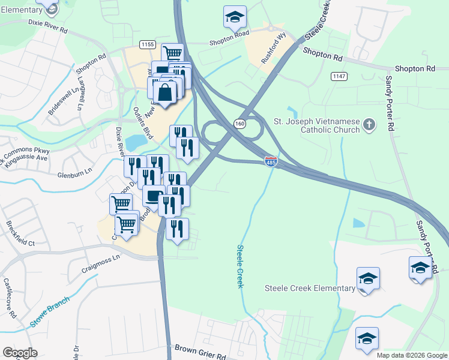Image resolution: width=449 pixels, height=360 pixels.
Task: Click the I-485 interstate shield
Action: tap(270, 161)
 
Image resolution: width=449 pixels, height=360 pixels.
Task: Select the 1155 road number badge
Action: tap(147, 44)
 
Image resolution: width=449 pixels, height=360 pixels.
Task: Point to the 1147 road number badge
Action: tap(339, 76)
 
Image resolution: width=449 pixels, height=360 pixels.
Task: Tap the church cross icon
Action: tap(369, 125)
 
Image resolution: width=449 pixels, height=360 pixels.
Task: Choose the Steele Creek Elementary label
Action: tap(310, 288)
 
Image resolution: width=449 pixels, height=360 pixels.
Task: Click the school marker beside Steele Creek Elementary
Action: tap(367, 278)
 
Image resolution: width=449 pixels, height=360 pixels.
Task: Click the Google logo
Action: tap(20, 353)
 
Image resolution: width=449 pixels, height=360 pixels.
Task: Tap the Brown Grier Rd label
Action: tap(200, 350)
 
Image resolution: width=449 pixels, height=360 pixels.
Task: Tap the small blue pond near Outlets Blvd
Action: tap(136, 142)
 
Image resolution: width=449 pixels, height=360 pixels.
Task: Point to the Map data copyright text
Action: tap(411, 355)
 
